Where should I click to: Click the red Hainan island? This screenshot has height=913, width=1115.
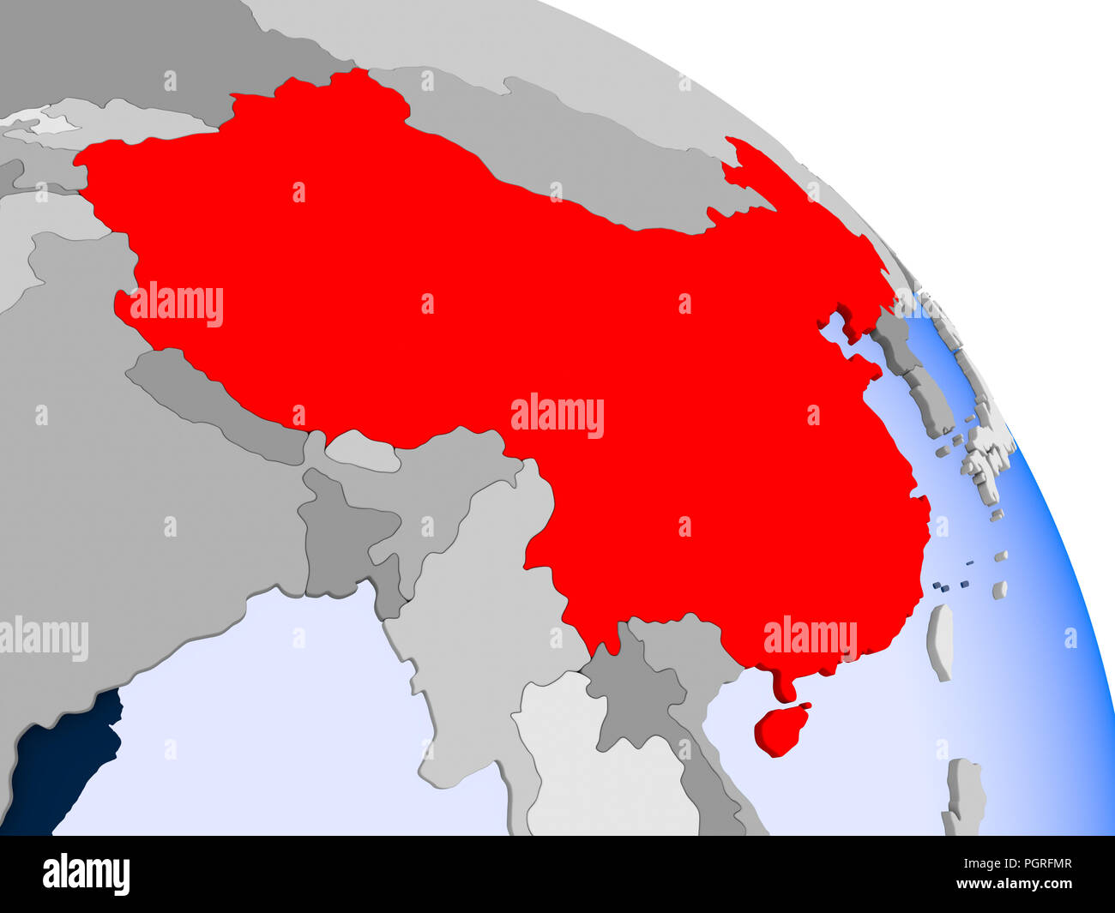[780, 729]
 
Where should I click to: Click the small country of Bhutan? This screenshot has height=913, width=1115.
[365, 450]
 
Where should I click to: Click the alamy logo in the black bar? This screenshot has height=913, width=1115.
[86, 874]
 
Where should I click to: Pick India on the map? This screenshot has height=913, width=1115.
[129, 532]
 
